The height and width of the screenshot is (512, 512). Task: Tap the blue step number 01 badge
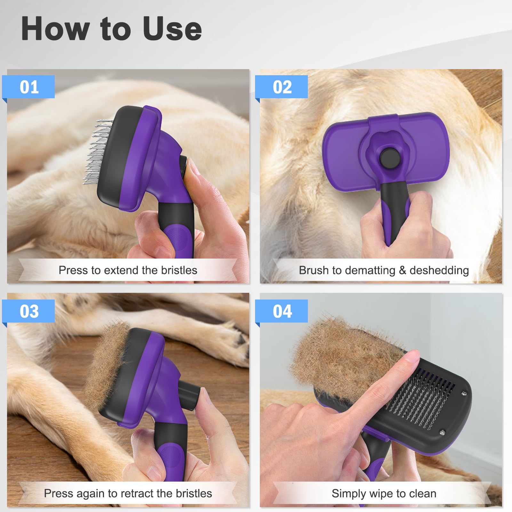tap(29, 87)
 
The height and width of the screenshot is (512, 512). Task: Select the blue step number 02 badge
tap(282, 87)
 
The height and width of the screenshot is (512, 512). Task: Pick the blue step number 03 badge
tap(29, 311)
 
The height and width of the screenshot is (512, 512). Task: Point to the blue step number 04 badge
tap(282, 311)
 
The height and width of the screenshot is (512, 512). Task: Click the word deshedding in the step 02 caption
tap(439, 270)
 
